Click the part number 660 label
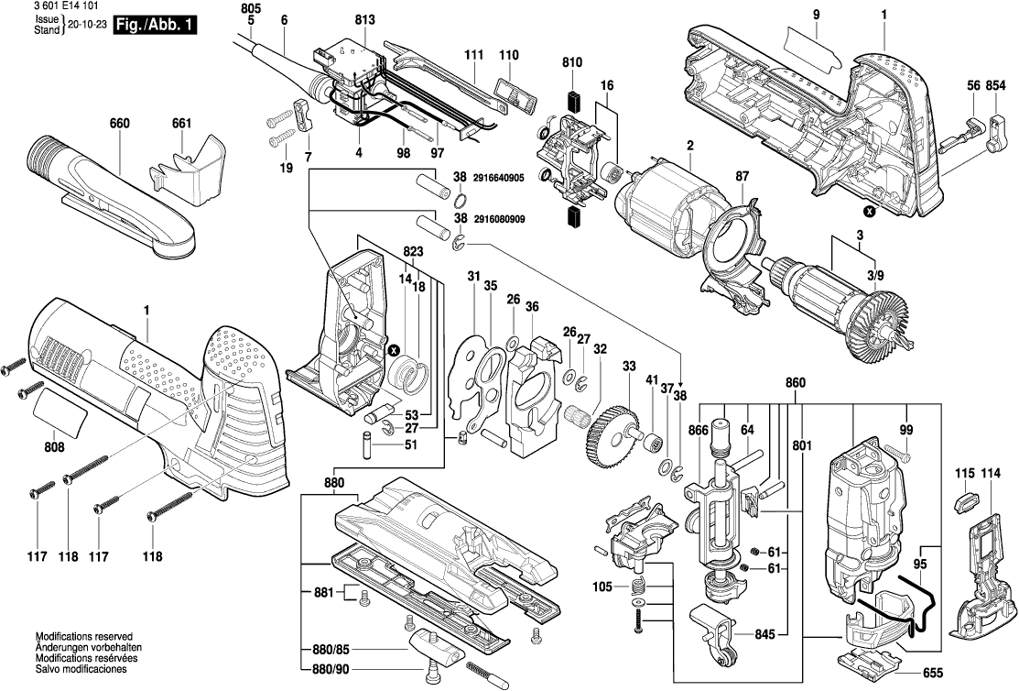[x=120, y=124]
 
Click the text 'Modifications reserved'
[x=84, y=636]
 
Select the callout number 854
[x=1001, y=84]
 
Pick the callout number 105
[x=603, y=586]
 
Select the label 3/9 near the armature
[x=875, y=275]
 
